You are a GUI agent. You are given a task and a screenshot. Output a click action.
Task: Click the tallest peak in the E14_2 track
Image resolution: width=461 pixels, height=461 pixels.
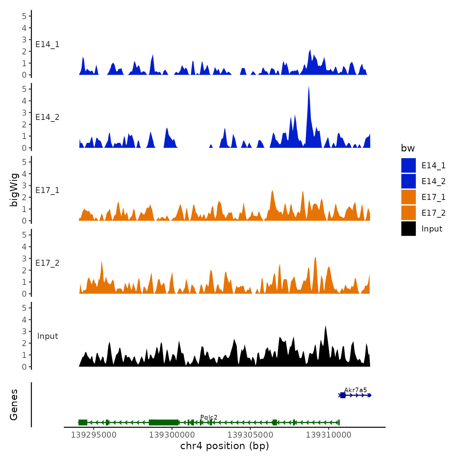[309, 88]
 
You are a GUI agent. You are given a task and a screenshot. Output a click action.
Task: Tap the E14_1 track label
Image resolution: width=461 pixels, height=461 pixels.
[47, 44]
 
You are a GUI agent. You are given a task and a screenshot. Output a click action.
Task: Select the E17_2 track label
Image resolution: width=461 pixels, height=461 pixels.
[47, 263]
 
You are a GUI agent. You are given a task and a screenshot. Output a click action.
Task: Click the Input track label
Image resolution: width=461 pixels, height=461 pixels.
[47, 336]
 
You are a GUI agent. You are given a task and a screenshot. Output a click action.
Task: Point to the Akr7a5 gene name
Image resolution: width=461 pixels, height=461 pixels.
[355, 390]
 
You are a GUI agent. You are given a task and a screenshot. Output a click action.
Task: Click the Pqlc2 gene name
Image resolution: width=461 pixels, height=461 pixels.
[209, 418]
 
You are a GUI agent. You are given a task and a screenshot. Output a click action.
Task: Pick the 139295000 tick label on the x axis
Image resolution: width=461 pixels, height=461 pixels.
[94, 435]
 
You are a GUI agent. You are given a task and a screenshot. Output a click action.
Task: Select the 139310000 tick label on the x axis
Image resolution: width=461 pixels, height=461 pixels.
[329, 435]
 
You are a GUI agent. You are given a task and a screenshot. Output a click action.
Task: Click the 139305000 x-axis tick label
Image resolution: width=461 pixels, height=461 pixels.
[250, 435]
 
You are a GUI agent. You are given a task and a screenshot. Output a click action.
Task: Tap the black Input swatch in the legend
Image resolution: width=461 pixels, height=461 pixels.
[408, 229]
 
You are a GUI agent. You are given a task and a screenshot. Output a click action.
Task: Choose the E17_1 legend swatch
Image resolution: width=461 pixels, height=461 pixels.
[408, 197]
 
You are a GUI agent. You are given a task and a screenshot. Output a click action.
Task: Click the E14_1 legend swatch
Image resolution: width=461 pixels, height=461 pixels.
[408, 165]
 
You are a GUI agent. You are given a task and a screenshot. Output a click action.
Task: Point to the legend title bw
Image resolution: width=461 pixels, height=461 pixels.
[408, 149]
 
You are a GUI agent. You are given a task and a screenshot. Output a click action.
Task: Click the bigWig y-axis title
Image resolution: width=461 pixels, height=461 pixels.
[14, 190]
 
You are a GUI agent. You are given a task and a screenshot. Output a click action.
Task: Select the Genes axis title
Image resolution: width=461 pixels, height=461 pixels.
[14, 405]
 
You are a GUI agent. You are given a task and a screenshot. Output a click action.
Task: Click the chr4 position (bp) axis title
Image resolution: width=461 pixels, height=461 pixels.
[225, 446]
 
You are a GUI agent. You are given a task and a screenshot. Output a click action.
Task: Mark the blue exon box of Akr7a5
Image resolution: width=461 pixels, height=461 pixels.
[343, 395]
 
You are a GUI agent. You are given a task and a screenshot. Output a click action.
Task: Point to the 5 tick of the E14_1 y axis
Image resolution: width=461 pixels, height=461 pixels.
[24, 16]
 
